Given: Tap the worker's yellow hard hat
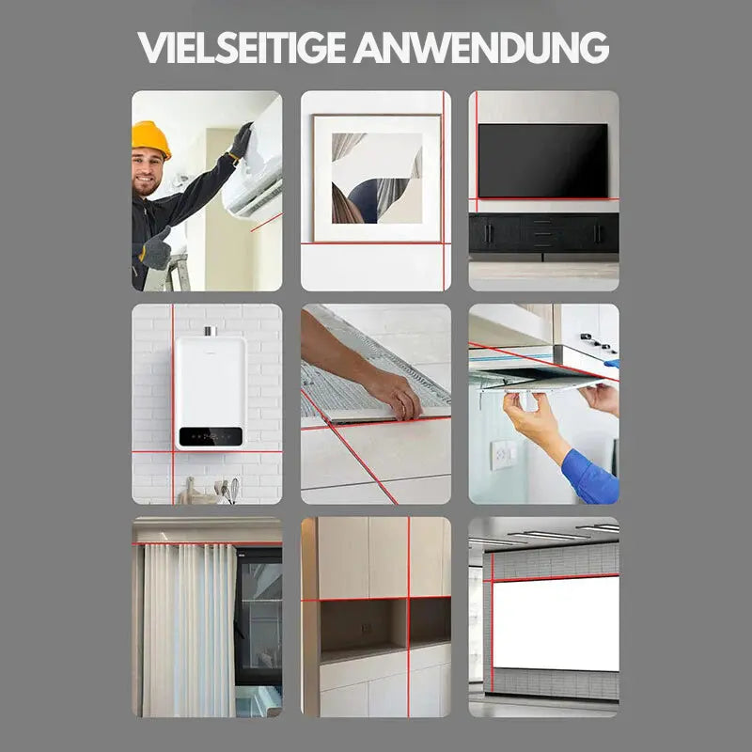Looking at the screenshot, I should point(150,138).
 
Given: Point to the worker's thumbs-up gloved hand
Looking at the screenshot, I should point(156,249).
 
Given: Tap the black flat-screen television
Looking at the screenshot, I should point(542,160).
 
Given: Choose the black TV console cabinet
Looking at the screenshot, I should point(543,232).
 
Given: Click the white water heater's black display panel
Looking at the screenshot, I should point(210,435).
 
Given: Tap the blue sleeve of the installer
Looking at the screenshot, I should point(589,476).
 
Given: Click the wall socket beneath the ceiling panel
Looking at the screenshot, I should point(503,455).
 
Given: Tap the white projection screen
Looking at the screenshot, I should point(555,622).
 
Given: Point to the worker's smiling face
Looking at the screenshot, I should point(148,172).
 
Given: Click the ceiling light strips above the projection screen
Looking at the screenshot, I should point(555,534).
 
